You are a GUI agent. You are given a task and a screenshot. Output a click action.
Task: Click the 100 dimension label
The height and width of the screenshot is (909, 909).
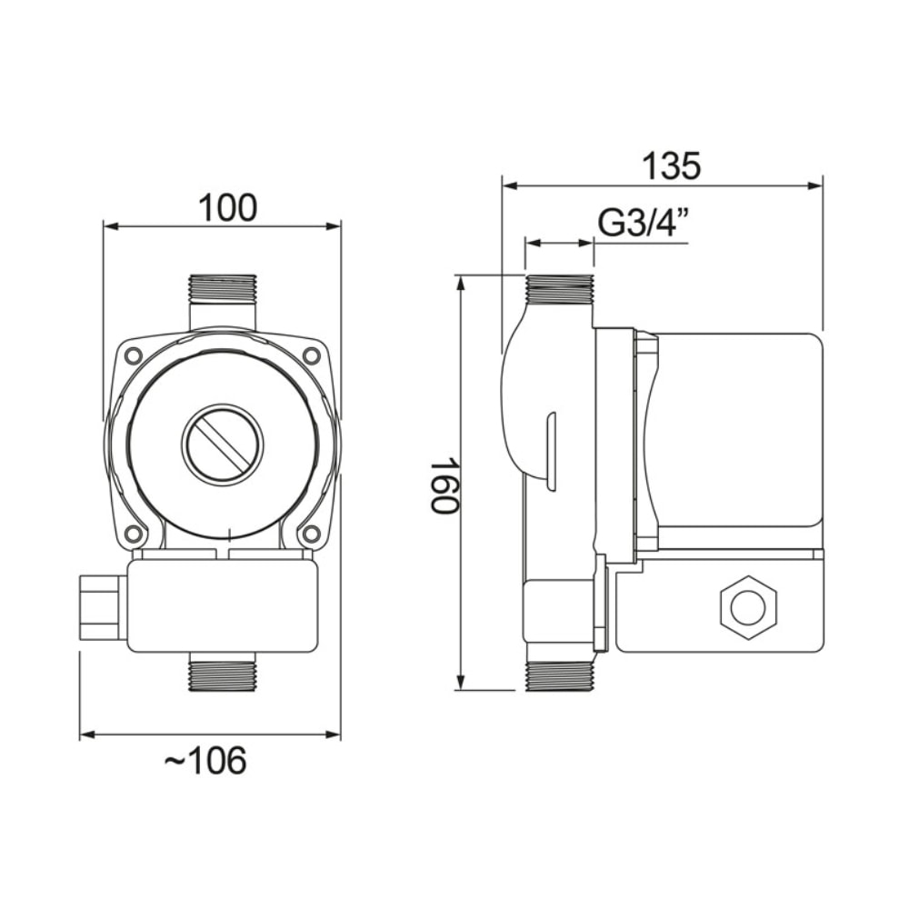228,207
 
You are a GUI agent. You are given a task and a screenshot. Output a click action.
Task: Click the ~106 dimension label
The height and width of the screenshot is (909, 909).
205,761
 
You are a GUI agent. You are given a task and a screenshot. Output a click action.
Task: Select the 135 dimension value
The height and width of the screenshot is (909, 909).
672,166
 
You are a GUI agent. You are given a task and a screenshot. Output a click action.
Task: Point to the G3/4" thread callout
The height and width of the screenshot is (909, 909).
643,224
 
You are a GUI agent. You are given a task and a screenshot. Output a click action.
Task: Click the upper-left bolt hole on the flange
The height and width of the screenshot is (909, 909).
134,355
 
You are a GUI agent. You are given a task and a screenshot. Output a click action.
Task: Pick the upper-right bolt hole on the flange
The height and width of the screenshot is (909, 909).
312,355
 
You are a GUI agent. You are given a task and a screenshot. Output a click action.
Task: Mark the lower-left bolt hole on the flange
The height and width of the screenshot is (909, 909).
134,534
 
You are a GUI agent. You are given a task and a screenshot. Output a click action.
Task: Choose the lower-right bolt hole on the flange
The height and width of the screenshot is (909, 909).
312,534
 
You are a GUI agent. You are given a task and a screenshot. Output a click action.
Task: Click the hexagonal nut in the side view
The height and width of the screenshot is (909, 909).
748,607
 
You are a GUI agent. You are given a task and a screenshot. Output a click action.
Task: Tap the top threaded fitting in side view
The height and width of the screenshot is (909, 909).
559,290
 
